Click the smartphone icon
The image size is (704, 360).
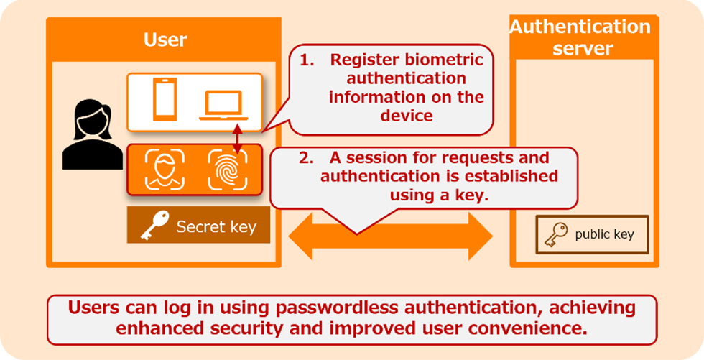tap(165, 101)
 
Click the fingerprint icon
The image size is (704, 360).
tap(227, 170)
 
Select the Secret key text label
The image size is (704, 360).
tap(216, 228)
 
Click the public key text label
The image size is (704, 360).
tap(604, 234)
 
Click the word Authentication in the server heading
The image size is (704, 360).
tap(580, 27)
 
